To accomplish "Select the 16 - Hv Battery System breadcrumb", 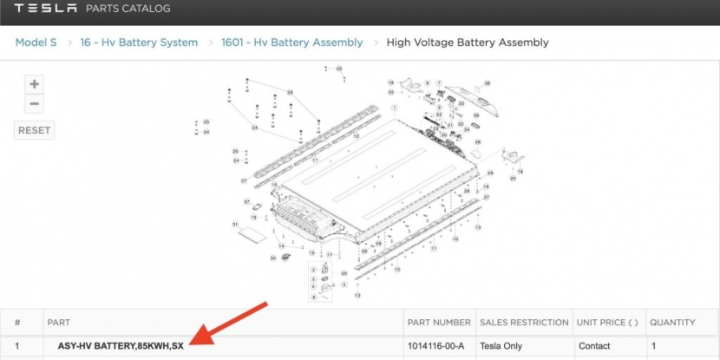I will point(139,42).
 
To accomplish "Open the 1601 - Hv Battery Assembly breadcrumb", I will point(291,42).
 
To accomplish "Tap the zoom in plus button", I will point(34,84).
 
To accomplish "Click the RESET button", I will point(35,131).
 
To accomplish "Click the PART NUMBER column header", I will point(438,323).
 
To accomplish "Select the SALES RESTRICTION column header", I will point(523,323).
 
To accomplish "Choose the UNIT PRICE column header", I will point(607,323).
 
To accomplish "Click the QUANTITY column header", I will point(672,323).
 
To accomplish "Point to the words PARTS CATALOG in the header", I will point(128,10).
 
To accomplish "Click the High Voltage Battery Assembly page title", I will point(468,42).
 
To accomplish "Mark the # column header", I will point(17,323).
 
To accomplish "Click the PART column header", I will point(58,323).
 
